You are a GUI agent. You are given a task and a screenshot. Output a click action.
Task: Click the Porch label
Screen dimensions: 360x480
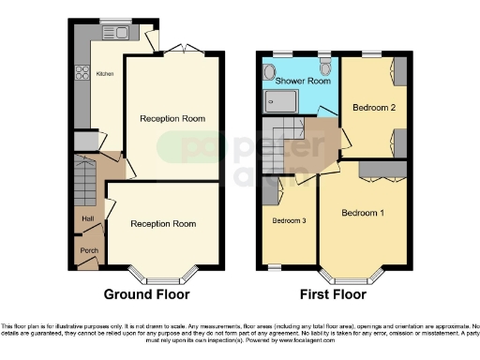click(87, 250)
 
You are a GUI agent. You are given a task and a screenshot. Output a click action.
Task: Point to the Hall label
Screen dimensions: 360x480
click(87, 218)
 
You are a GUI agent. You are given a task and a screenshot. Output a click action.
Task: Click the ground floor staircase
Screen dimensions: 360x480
click(83, 182)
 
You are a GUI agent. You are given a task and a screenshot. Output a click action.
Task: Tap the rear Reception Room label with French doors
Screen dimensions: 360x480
click(172, 118)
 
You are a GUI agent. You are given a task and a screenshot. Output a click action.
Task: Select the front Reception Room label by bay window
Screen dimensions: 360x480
click(163, 224)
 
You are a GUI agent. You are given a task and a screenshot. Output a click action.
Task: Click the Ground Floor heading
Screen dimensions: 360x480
click(144, 293)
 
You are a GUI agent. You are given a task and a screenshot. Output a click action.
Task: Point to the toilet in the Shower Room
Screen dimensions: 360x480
click(324, 67)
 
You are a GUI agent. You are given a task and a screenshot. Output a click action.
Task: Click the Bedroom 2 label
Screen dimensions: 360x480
click(372, 108)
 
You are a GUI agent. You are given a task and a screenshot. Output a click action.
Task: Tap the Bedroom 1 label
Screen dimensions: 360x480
click(362, 213)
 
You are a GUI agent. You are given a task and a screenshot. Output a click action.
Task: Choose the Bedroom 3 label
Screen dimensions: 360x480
click(289, 221)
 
